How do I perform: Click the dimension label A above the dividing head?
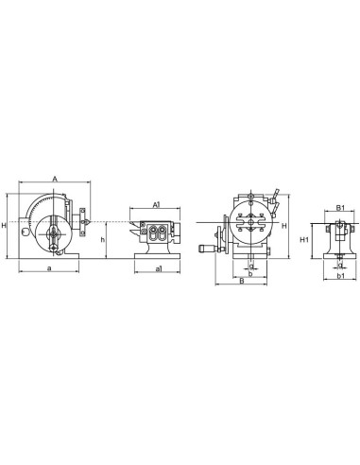tap(55, 178)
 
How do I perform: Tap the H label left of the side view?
tap(5, 225)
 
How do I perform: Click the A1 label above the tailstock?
tap(156, 202)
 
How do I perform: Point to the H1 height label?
tap(304, 241)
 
